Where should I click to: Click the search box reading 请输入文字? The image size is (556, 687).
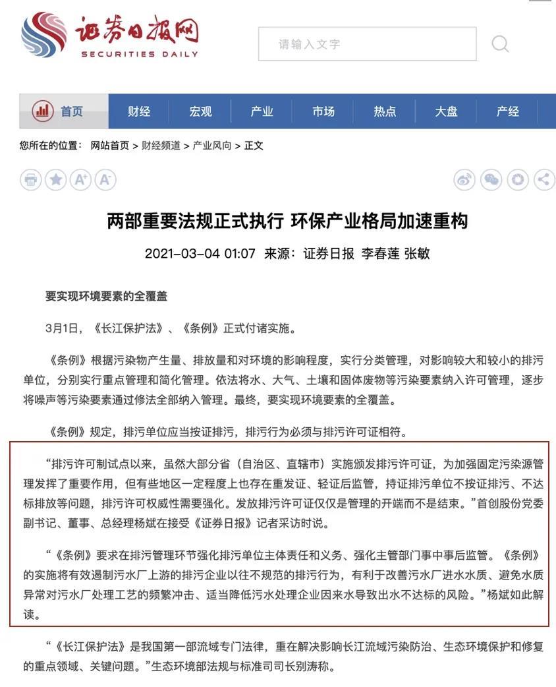(x=366, y=44)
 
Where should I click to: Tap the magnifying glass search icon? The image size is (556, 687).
(x=500, y=44)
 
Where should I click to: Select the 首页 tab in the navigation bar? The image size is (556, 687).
(x=64, y=111)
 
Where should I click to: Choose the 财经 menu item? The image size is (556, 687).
(x=139, y=111)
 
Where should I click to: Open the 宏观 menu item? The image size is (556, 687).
(x=200, y=111)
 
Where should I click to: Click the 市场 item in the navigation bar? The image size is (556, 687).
(x=323, y=111)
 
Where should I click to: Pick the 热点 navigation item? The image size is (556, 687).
(x=385, y=111)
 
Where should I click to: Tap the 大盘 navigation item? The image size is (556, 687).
(x=446, y=111)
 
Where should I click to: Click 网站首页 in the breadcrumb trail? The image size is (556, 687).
(x=110, y=146)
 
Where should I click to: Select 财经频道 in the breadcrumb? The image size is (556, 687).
(x=161, y=146)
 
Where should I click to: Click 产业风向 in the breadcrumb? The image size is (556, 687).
(x=211, y=146)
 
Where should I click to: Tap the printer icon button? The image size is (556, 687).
(x=30, y=179)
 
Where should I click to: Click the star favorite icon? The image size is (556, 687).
(x=55, y=179)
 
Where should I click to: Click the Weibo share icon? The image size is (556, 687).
(x=464, y=179)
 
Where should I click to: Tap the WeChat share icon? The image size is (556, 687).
(x=491, y=179)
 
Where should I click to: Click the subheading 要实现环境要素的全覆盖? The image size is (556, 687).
(x=106, y=296)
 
